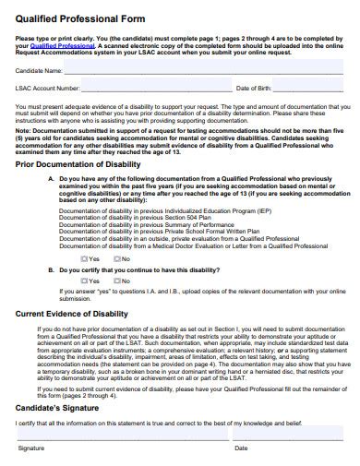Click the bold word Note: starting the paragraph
pos(25,131)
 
